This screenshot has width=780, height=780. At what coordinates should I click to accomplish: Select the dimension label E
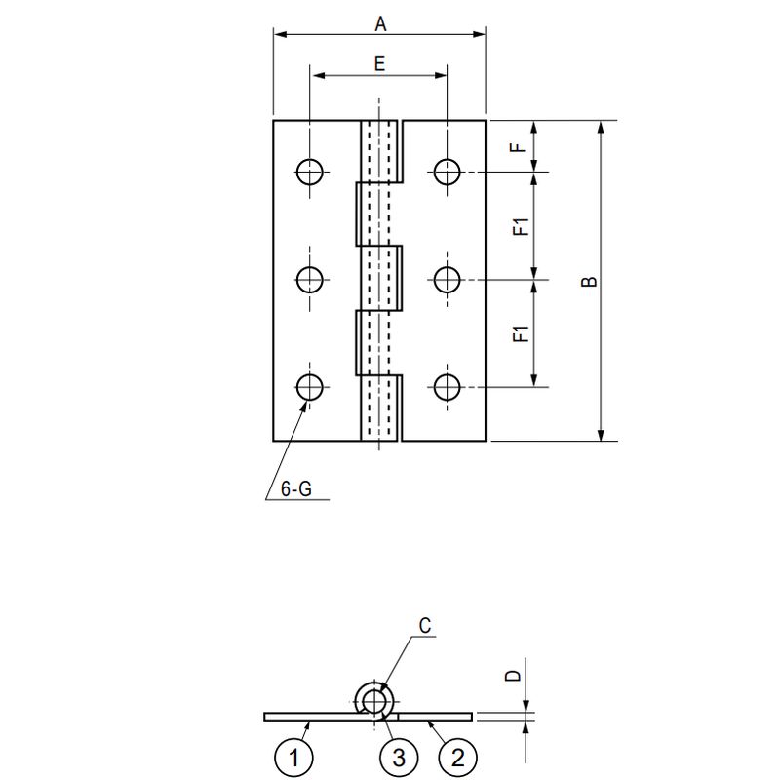click(379, 63)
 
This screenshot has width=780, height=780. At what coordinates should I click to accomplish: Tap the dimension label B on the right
click(589, 281)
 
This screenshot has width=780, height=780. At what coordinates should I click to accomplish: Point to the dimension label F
click(521, 146)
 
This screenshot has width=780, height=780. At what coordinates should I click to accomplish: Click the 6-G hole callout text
click(296, 490)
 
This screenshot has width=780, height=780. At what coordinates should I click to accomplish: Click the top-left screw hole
click(310, 173)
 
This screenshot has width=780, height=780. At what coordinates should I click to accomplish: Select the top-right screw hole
click(448, 173)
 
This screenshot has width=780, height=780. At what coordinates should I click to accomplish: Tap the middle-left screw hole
click(310, 281)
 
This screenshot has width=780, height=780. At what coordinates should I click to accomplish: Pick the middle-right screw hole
click(448, 281)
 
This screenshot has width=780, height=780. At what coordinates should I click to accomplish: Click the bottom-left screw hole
click(310, 387)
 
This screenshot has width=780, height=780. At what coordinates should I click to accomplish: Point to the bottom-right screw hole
click(448, 387)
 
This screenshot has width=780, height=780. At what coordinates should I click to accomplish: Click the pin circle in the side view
click(373, 700)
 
